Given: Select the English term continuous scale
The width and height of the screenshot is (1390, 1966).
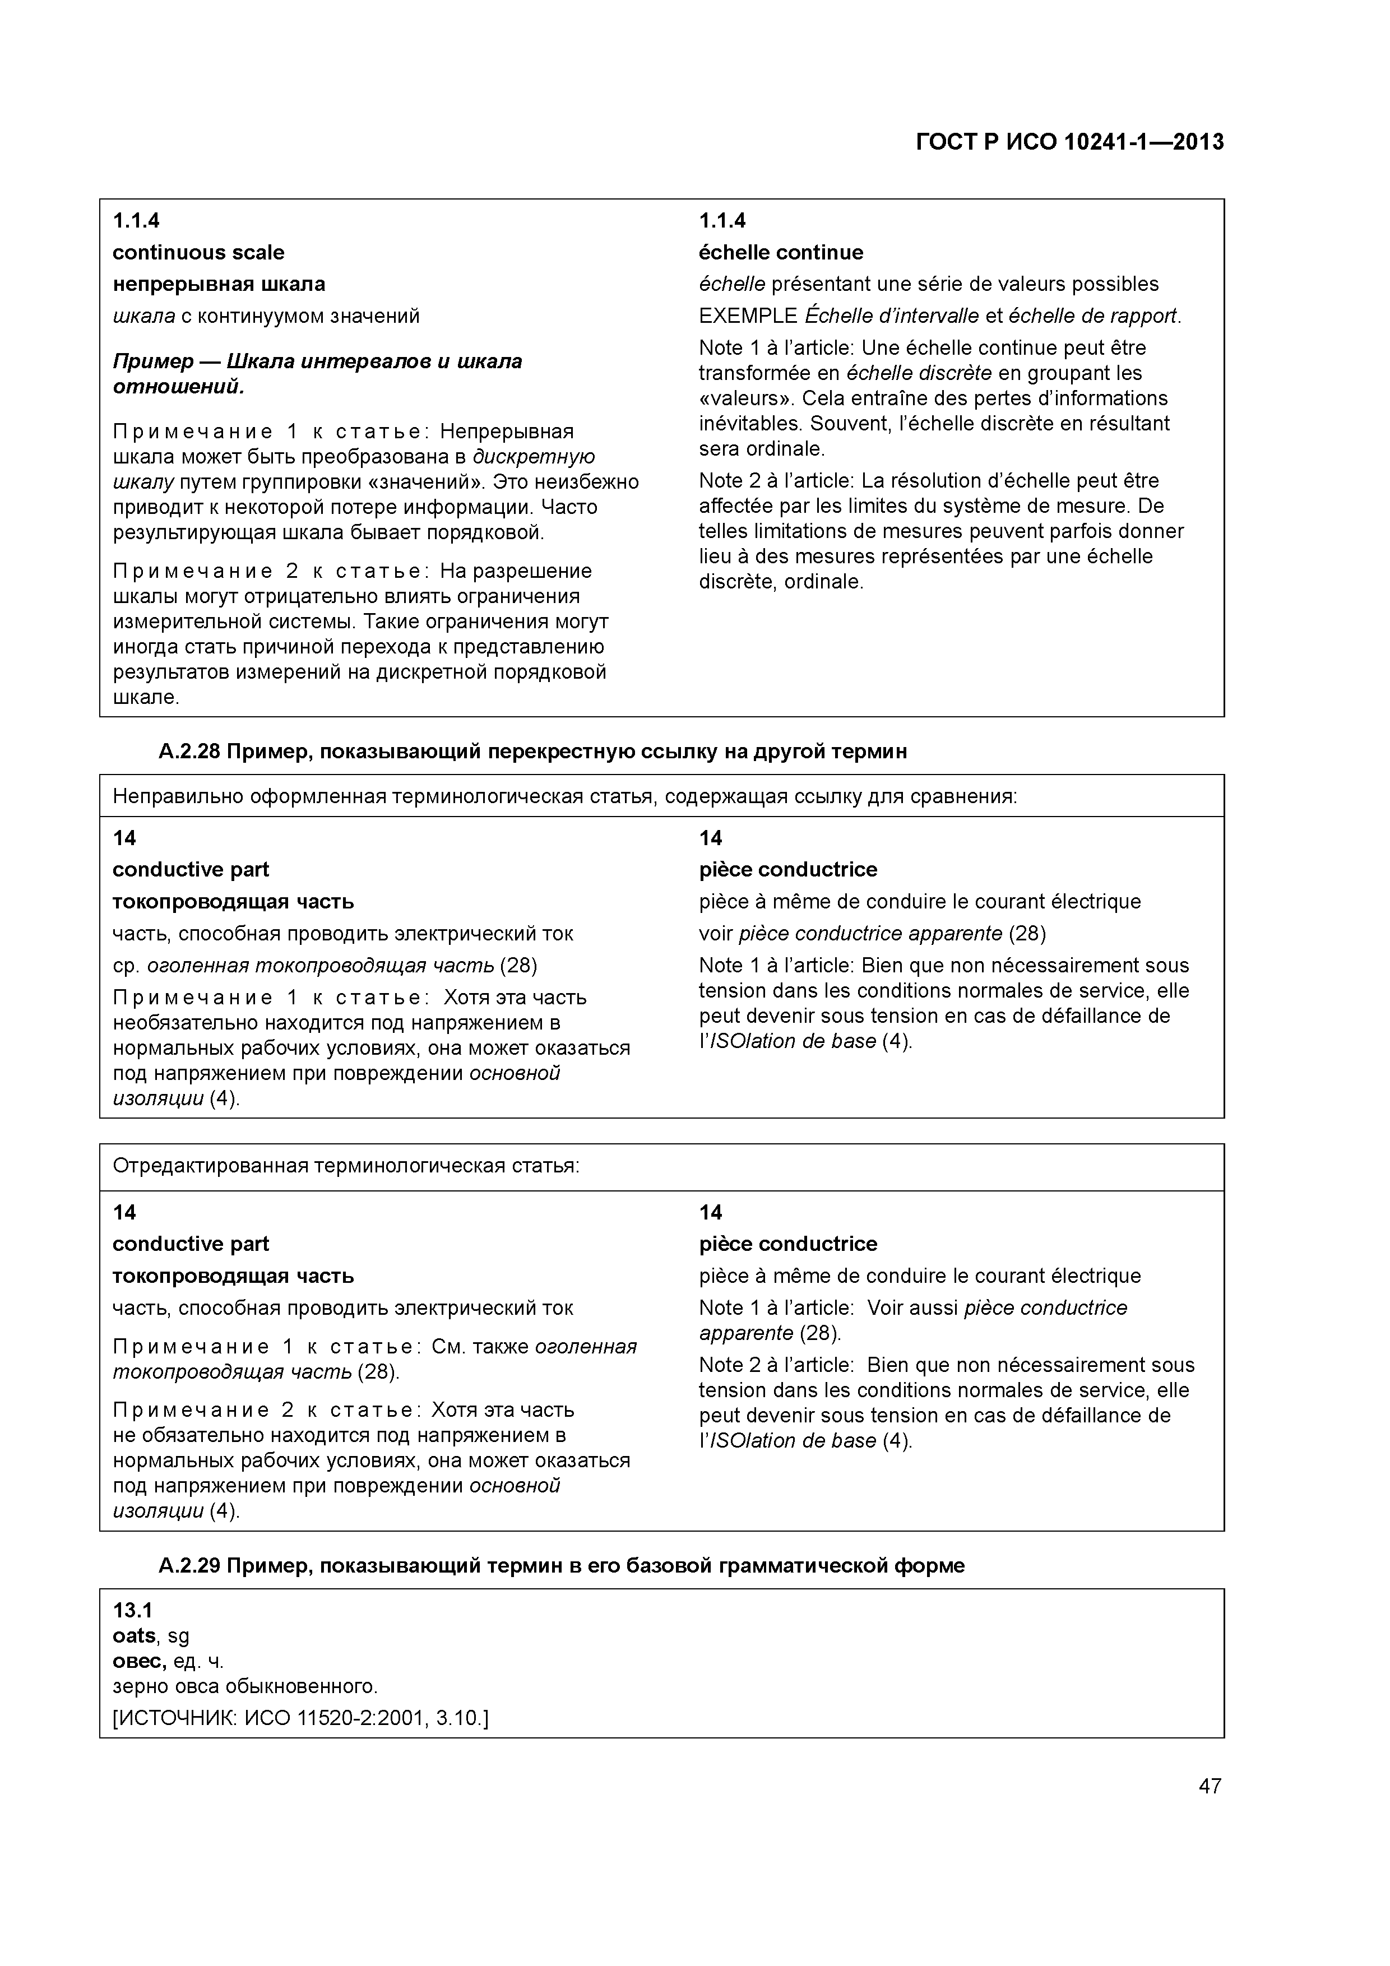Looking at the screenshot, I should point(198,253).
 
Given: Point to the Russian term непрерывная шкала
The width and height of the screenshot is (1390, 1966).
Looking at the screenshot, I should point(219,284).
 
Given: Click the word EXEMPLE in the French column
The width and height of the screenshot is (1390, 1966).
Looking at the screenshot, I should point(748,316).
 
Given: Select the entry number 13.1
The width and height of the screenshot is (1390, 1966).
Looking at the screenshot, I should point(132,1611).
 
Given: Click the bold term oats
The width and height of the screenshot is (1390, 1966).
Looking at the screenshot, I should point(133,1636).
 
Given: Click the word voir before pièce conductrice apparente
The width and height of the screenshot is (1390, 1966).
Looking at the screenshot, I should point(715,933).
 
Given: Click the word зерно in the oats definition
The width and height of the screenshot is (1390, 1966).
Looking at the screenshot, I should point(135,1687).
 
